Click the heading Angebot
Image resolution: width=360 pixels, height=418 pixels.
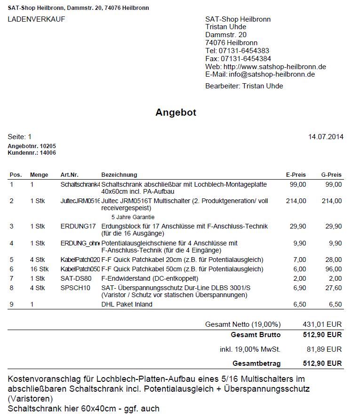tap(176, 113)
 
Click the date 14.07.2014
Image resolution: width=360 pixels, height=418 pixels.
tap(326, 137)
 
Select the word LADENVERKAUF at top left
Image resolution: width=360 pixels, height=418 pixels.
tap(36, 19)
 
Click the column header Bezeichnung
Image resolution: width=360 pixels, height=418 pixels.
tap(119, 175)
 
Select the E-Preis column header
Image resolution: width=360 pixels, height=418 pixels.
tap(296, 175)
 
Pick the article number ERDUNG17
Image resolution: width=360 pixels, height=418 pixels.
tap(78, 227)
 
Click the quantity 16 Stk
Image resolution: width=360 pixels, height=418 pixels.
tap(40, 269)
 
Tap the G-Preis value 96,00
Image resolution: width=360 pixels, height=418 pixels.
tap(334, 269)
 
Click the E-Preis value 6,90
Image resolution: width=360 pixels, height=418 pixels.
tap(298, 288)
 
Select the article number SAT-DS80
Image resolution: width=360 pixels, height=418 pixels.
tap(76, 279)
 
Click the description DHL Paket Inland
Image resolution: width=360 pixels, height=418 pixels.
tap(127, 304)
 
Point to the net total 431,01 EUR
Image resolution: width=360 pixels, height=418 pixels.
tap(322, 324)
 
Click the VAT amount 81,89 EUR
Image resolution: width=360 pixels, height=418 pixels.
tap(324, 349)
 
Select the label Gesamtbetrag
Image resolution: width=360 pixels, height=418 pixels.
tap(256, 363)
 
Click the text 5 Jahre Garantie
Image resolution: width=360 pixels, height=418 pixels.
tap(133, 217)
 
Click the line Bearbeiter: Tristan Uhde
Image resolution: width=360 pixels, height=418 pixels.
tap(244, 86)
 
